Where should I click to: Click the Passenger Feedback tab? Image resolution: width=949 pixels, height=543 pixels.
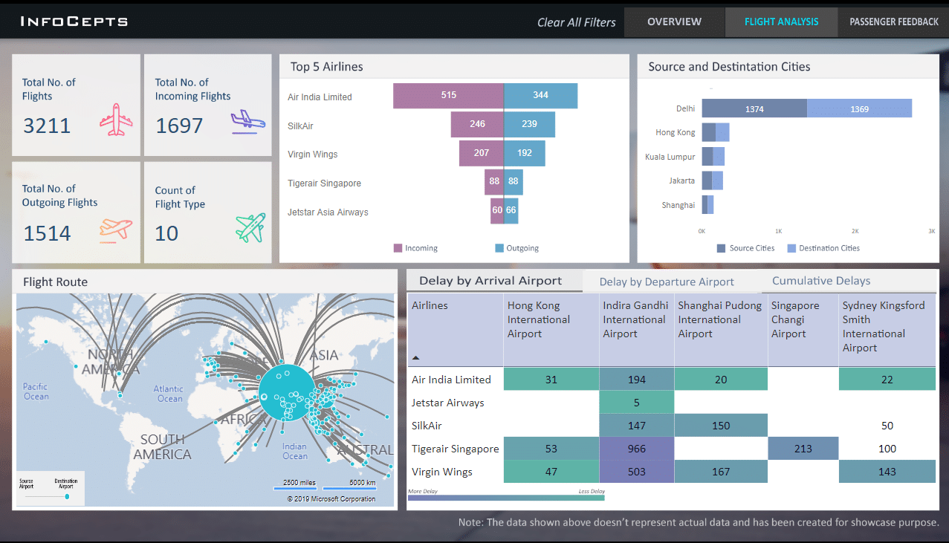(x=893, y=22)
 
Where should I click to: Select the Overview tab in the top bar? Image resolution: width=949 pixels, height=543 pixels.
(x=674, y=22)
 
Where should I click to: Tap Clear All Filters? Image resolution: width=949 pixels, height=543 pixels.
(x=576, y=22)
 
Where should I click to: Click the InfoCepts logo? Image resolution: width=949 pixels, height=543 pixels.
(x=74, y=22)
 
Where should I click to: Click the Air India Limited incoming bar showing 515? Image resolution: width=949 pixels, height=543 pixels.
(x=448, y=96)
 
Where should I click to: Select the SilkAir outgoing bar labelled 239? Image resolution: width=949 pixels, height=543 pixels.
(x=529, y=125)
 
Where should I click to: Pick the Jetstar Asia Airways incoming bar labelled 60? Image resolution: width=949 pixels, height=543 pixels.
(x=496, y=211)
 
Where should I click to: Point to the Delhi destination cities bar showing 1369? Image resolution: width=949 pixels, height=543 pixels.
(x=859, y=108)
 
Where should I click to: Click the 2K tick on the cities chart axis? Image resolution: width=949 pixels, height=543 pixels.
(x=855, y=231)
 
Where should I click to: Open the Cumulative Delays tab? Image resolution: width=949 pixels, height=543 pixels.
(x=821, y=281)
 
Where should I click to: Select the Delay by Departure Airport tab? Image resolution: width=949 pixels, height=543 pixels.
(x=667, y=282)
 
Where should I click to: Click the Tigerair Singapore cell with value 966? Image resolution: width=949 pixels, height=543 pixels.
(x=636, y=449)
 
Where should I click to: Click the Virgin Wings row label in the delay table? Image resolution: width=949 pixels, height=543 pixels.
(x=442, y=472)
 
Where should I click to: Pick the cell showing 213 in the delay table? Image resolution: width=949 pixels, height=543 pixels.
(x=803, y=449)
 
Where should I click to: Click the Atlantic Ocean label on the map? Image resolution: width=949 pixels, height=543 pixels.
(x=169, y=394)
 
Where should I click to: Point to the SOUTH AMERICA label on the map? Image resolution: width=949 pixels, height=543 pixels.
(x=163, y=446)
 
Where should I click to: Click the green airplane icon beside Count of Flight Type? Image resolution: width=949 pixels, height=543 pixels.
(x=250, y=228)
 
